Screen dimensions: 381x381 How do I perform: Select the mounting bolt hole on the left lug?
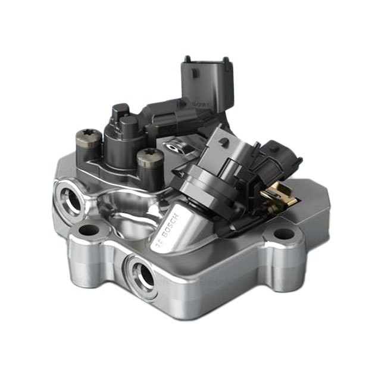pos(89,230)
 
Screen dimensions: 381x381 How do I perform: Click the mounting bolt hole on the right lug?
pos(284,233)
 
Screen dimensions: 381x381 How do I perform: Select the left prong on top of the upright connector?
pos(188,59)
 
